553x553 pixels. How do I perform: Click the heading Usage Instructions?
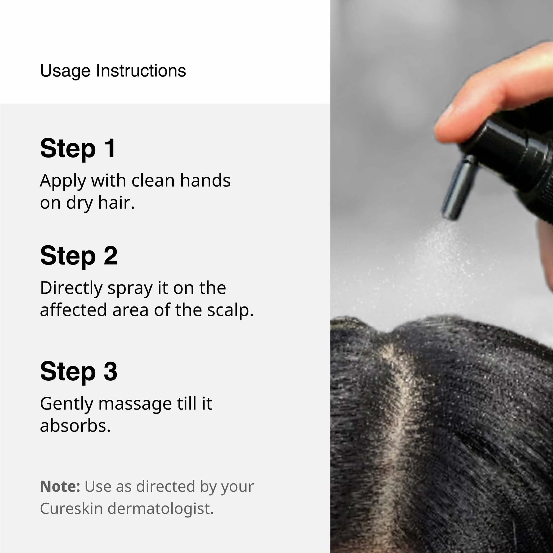[113, 71]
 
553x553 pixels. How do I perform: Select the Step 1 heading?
[78, 148]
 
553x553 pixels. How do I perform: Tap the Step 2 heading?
[79, 256]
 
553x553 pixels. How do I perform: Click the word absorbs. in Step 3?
[75, 426]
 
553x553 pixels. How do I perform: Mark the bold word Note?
[60, 486]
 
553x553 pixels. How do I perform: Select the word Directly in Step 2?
[71, 289]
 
